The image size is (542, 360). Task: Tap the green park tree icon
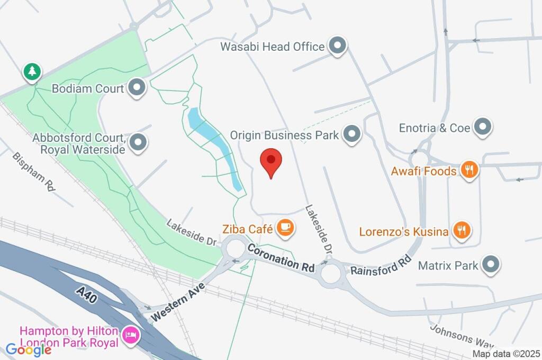32,72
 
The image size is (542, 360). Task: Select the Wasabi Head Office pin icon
337,47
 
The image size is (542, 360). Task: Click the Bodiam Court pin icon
137,88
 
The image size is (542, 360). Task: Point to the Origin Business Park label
284,135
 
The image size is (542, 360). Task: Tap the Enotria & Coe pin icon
482,127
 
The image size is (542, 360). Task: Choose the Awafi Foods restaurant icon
468,170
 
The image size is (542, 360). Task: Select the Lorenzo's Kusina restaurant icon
462,231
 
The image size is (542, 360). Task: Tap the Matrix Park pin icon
491,264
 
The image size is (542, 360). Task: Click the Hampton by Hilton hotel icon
130,335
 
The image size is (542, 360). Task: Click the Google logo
29,349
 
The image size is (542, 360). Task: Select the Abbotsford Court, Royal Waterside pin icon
139,142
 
